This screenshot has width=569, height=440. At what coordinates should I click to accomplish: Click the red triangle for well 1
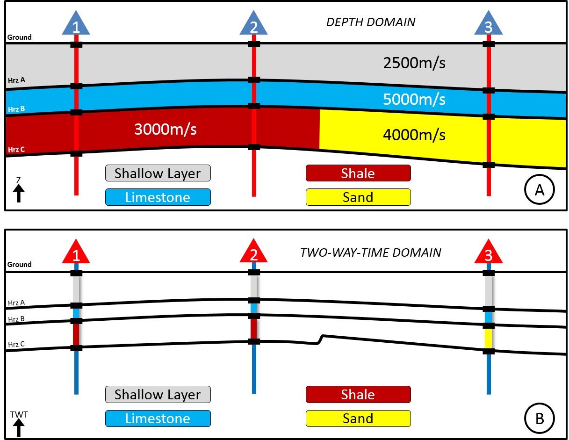(x=76, y=253)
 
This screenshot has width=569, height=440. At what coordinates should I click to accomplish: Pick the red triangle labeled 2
(x=253, y=253)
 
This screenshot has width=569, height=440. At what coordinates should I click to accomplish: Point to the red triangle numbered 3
(x=488, y=253)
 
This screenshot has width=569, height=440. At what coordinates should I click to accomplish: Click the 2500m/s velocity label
(x=413, y=63)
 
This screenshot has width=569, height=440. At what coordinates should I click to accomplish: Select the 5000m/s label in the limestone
(x=413, y=99)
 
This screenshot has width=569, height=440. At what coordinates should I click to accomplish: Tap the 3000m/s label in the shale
(x=165, y=129)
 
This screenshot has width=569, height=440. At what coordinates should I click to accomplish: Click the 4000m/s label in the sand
(x=413, y=135)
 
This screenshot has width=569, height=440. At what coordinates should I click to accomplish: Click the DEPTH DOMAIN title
(x=371, y=22)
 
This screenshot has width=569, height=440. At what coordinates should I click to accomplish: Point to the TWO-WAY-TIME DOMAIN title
(x=371, y=252)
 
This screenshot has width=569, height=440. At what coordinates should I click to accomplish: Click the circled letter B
(x=539, y=418)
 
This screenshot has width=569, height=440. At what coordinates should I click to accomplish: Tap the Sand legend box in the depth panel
(x=358, y=197)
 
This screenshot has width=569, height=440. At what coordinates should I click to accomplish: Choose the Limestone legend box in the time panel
(x=158, y=418)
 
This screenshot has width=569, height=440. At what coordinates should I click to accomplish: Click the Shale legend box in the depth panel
(x=358, y=173)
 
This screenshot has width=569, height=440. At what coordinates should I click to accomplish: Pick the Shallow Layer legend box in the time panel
(x=158, y=394)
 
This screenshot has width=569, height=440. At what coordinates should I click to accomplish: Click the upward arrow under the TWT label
(x=19, y=428)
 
